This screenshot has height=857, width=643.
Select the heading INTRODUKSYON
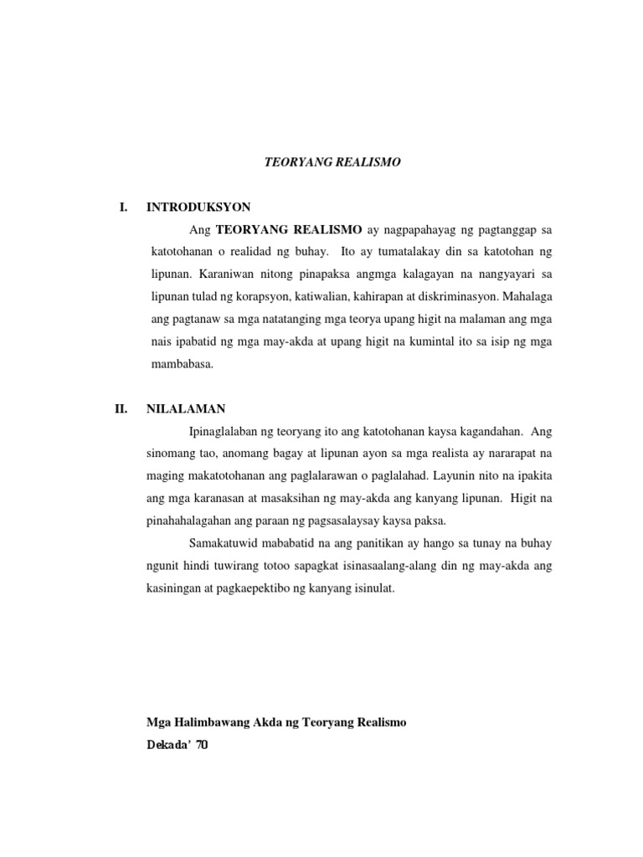[x=198, y=206]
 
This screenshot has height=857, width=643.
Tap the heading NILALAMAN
[x=186, y=409]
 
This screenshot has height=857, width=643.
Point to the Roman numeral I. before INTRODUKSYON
[x=122, y=206]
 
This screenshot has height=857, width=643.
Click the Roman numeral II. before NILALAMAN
[x=121, y=409]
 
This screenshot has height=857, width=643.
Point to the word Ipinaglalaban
[x=226, y=432]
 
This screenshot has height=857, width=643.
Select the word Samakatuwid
[x=224, y=544]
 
